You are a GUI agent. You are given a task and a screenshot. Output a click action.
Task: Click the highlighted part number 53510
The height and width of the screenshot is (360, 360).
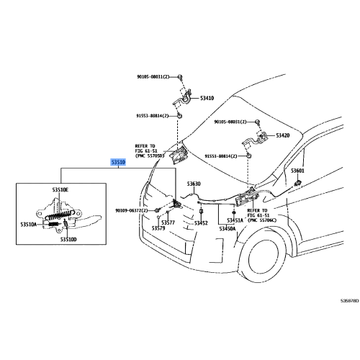[118, 163]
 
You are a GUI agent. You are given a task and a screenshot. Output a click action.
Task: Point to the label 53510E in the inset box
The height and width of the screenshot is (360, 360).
[61, 192]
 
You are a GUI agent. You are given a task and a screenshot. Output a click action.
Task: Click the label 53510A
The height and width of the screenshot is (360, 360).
[32, 225]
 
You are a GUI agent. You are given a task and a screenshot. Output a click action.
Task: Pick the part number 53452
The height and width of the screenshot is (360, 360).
[201, 223]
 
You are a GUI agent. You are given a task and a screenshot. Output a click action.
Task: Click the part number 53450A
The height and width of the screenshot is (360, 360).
[228, 228]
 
